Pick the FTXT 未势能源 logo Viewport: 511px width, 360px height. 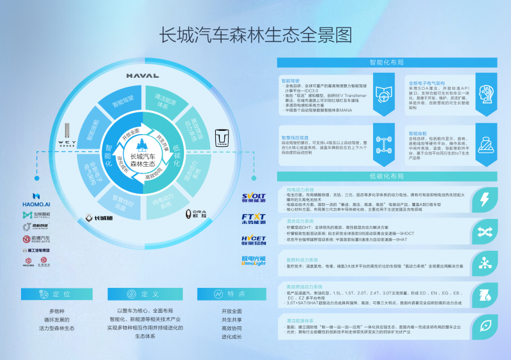tap(254, 220)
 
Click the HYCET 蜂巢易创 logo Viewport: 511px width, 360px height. tap(254, 240)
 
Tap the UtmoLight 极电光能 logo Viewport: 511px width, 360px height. tap(254, 260)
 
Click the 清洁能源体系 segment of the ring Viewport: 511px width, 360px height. tap(165, 101)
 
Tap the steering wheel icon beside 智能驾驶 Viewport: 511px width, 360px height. tap(383, 93)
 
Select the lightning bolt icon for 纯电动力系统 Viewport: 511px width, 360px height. tap(485, 198)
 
